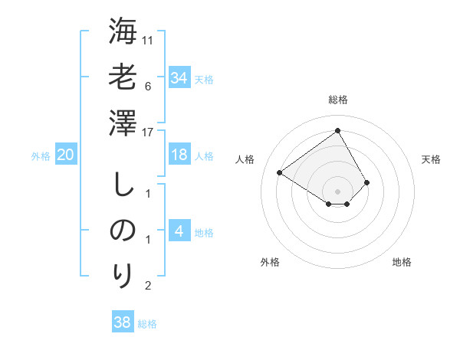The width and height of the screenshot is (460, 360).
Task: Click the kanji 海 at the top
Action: tap(123, 33)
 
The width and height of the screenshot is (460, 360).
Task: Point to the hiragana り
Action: tap(123, 274)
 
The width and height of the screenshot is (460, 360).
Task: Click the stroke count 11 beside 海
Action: tap(148, 40)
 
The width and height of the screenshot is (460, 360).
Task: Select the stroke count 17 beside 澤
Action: tap(148, 132)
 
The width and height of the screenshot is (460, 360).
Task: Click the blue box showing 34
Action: tap(179, 77)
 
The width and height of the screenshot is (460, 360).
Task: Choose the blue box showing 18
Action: tap(179, 155)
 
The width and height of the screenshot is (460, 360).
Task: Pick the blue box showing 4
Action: tap(179, 231)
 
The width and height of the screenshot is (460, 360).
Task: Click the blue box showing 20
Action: tap(65, 155)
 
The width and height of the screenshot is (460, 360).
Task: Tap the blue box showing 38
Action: tap(123, 322)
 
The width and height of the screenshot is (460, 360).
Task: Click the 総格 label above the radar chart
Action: tap(337, 100)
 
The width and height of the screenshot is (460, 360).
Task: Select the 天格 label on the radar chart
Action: tap(431, 159)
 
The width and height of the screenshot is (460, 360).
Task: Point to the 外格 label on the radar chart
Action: tap(270, 262)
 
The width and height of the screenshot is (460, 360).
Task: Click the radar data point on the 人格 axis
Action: tap(280, 172)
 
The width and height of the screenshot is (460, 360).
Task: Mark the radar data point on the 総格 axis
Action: tap(337, 130)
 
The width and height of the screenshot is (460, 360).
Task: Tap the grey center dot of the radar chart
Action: tap(337, 191)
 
